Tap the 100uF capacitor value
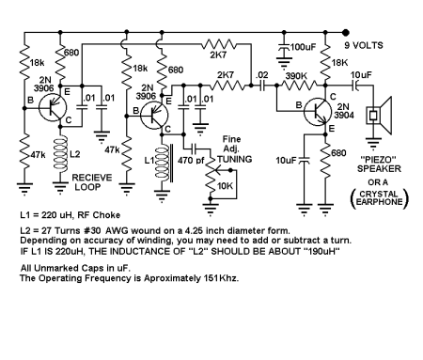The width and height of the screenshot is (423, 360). point(304,46)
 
